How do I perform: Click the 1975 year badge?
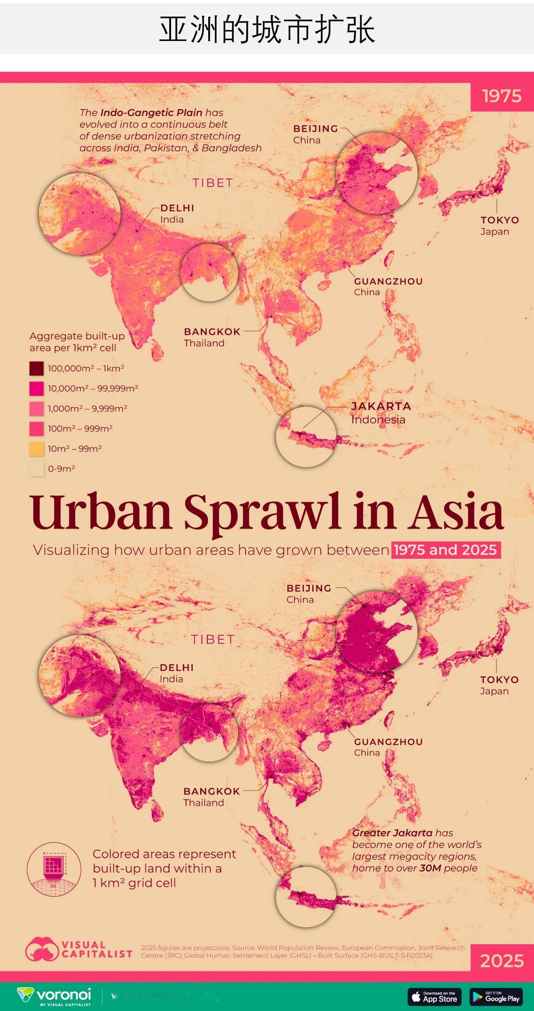502,96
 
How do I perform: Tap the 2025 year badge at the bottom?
502,960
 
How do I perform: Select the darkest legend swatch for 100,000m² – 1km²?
37,368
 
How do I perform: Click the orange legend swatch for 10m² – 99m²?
37,449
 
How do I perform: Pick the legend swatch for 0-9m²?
37,469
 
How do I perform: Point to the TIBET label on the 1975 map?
213,183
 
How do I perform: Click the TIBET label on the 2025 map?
213,639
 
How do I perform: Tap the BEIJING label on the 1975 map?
315,129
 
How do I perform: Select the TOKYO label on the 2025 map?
499,680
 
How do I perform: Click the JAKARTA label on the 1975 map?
381,406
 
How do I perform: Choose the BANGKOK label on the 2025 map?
212,791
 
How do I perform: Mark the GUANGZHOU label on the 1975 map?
388,281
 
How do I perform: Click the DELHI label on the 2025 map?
177,667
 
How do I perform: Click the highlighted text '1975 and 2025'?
446,550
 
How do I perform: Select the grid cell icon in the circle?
54,869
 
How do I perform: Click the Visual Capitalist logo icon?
42,949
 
